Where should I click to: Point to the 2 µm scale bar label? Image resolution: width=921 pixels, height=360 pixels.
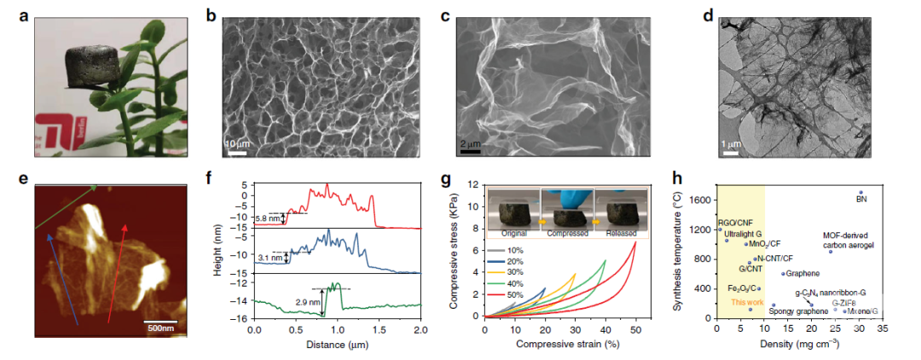click(471, 142)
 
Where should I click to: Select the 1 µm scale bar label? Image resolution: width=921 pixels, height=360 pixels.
click(730, 142)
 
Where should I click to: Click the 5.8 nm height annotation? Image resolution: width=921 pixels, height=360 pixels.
click(266, 218)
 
